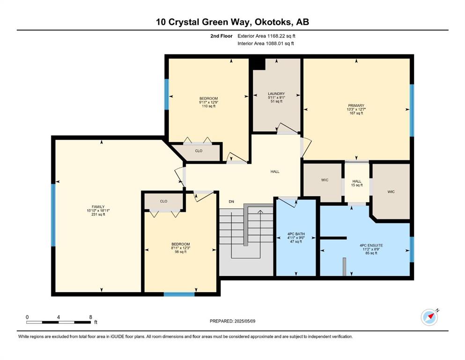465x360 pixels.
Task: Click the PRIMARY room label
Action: [356, 105]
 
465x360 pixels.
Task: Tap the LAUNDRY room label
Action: [276, 94]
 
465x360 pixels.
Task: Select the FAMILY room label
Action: [98, 207]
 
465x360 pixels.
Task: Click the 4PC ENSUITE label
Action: [371, 246]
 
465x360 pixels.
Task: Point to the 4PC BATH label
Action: [296, 234]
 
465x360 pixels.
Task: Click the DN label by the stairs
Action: [231, 202]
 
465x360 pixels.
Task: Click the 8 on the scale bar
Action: [90, 317]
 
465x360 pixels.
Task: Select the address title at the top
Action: [232, 22]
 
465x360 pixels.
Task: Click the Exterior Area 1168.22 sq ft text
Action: [266, 36]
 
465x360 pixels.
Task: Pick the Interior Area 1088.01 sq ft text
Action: [266, 43]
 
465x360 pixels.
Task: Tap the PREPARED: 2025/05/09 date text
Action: [232, 321]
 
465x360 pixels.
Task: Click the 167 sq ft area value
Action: [356, 113]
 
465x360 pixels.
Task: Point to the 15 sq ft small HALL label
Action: [357, 185]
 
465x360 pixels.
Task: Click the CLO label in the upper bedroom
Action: [199, 151]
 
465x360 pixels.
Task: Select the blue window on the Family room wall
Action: [53, 215]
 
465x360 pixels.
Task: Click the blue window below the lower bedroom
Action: [179, 294]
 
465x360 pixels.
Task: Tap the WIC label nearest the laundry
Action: [325, 180]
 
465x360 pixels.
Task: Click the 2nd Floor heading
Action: [221, 36]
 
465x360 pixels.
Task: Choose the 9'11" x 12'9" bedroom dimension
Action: [208, 102]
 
